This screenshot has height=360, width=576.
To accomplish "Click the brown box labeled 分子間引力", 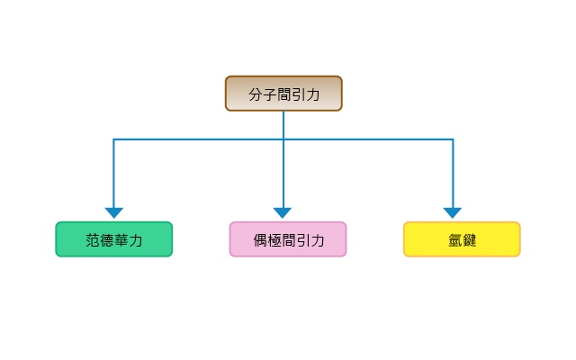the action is click(283, 94).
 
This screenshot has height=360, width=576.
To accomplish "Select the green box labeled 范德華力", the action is click(114, 239).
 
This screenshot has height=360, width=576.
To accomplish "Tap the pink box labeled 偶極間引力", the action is click(288, 239).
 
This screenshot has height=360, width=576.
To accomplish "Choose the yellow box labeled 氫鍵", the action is click(462, 239).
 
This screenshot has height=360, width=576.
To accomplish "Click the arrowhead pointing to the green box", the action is click(114, 212).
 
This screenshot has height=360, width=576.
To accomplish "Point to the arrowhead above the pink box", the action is click(283, 212).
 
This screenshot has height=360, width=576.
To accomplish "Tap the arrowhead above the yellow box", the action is click(453, 212).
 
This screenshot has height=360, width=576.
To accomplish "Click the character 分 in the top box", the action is click(256, 94).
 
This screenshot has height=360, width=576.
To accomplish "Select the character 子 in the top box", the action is click(270, 94).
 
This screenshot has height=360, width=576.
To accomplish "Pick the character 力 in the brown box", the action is click(312, 94).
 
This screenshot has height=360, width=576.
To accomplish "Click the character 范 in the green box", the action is click(93, 240).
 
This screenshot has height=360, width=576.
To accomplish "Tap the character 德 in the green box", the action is click(106, 240).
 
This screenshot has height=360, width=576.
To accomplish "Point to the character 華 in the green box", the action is click(121, 240).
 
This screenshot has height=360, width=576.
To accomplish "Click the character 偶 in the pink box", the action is click(260, 240).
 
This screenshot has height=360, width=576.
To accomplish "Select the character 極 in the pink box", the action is click(274, 240).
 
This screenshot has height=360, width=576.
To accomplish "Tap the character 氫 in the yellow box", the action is click(455, 240).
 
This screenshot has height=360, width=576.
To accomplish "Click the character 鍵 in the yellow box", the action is click(470, 240).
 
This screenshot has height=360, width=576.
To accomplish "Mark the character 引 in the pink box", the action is click(303, 240).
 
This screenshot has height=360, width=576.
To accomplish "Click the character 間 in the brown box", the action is click(284, 94).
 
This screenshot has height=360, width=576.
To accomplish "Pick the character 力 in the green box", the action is click(135, 240).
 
